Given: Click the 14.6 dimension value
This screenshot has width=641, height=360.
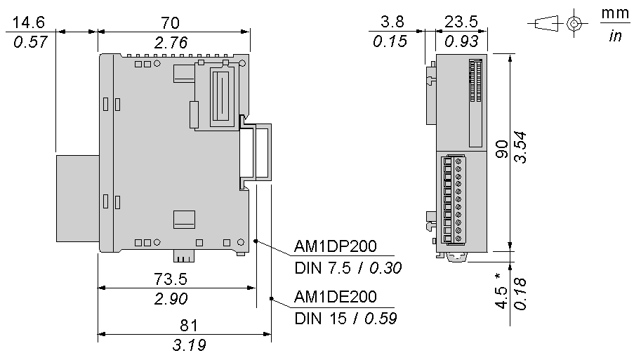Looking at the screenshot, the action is [x=29, y=22].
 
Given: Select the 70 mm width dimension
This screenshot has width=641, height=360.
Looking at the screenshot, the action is [x=170, y=23].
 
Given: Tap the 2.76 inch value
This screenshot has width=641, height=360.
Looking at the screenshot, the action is [x=171, y=43].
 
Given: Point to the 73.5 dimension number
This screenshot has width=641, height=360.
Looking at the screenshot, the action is [x=171, y=279].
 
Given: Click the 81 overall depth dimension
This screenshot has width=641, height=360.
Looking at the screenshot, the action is [x=189, y=326].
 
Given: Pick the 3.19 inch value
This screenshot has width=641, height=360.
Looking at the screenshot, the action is [x=189, y=345].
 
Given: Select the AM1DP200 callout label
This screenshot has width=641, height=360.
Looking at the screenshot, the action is [x=335, y=246].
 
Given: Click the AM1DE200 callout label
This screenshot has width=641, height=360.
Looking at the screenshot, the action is [x=335, y=297].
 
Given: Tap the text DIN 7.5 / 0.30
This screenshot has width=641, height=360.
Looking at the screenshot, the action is [x=348, y=268].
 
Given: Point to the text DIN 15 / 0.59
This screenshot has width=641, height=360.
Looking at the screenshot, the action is [x=345, y=319].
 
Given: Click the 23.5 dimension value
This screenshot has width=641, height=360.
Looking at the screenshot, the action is [x=461, y=22].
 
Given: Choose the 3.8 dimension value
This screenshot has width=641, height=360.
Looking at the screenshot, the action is [x=392, y=22].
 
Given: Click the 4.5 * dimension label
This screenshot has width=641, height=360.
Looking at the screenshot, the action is [x=501, y=291].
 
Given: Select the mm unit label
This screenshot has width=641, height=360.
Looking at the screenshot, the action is [x=615, y=13].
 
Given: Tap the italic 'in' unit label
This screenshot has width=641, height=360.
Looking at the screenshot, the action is [x=615, y=36].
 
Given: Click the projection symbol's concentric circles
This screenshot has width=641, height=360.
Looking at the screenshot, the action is [x=574, y=24].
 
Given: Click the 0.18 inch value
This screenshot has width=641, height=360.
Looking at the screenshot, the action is [x=520, y=294].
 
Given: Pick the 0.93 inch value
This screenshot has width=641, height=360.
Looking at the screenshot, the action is [x=461, y=41].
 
